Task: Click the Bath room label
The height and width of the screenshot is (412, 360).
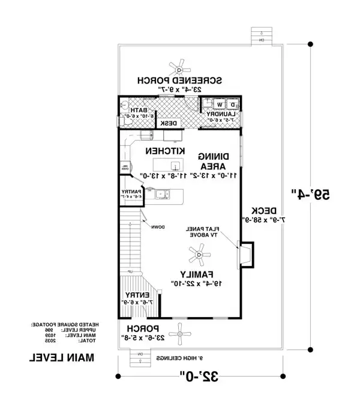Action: [x=140, y=111]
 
